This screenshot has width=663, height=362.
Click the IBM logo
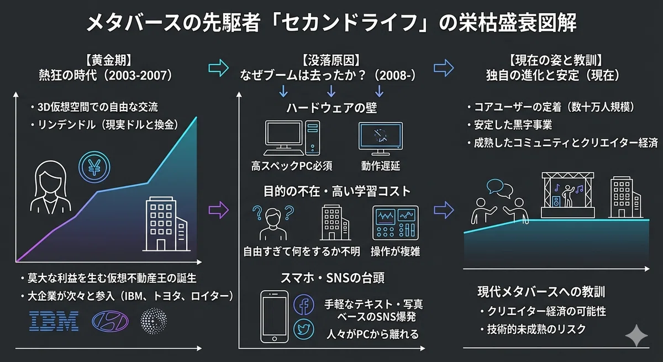click(54, 321)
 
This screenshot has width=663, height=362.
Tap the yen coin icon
click(94, 167)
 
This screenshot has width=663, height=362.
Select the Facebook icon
click(304, 305)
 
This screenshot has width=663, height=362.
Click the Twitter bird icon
click(304, 329)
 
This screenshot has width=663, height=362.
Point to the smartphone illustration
click(275, 317)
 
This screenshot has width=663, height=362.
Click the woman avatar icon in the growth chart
click(51, 187)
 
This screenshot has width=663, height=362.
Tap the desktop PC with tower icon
click(292, 138)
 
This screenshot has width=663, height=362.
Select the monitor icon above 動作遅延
click(381, 139)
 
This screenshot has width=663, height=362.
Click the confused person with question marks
click(273, 223)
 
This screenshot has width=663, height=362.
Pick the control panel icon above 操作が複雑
click(396, 223)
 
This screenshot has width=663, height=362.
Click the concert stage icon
click(568, 195)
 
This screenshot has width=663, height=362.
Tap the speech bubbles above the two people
click(499, 188)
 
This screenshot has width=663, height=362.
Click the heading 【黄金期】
click(108, 60)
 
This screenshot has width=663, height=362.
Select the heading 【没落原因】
click(331, 60)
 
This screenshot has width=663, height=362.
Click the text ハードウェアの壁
click(331, 107)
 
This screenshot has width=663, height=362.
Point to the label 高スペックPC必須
click(292, 166)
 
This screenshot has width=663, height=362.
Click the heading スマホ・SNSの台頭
click(333, 277)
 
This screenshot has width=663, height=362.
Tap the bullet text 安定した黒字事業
click(513, 125)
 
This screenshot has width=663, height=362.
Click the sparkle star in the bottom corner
click(636, 335)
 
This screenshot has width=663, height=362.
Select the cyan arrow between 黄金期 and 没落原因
click(218, 68)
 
